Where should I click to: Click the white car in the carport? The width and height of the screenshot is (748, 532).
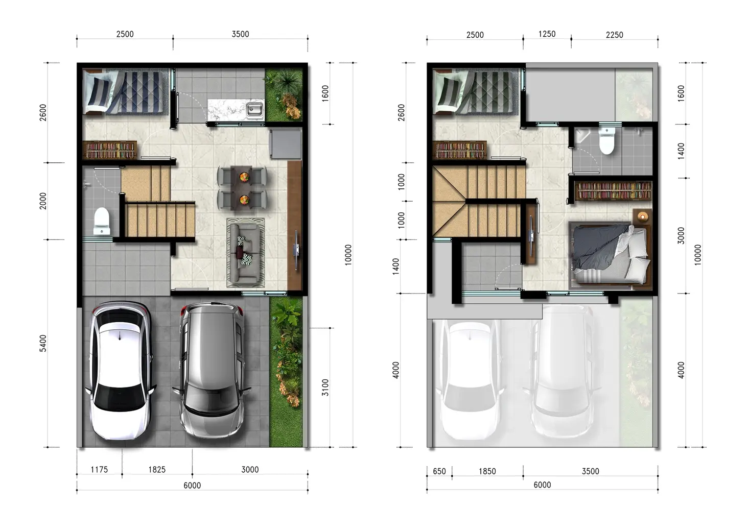[x=120, y=371]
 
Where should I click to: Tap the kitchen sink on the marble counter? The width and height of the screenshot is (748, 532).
[x=254, y=109]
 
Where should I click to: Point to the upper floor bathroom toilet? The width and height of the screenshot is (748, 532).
[x=607, y=140]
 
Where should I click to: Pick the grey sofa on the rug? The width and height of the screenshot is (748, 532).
[x=246, y=253]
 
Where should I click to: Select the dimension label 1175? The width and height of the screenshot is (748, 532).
[x=99, y=470]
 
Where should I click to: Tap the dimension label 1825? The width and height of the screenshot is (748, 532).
[x=157, y=470]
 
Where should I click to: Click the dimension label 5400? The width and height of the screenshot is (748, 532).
[x=43, y=343]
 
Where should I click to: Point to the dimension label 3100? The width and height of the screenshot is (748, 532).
[x=325, y=388]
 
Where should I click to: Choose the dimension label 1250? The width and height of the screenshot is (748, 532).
[x=547, y=34]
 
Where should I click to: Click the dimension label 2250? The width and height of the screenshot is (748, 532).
[x=615, y=35]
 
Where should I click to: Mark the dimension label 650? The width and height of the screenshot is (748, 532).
[x=439, y=471]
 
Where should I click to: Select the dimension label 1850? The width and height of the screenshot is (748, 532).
[x=487, y=471]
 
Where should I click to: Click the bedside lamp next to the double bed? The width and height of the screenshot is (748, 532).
[x=642, y=217]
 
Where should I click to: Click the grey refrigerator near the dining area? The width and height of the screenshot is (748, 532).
[x=286, y=144]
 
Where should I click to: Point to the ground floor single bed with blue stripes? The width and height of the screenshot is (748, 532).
[x=125, y=92]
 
